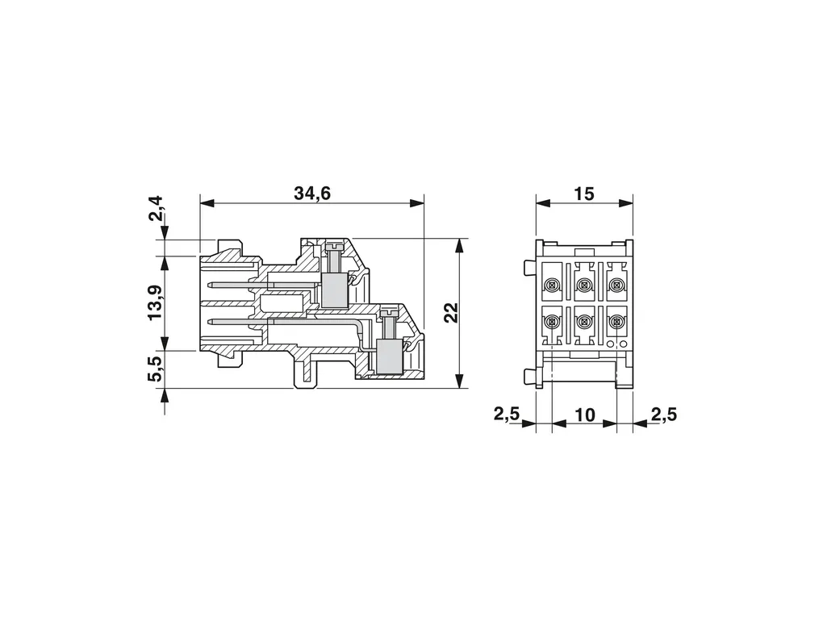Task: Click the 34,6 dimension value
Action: pos(312,194)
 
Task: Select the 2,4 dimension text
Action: pos(156,209)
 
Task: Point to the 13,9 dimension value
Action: pos(156,303)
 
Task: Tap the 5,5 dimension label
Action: pos(156,369)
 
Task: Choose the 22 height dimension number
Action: pos(451,313)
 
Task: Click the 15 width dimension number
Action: pos(583,194)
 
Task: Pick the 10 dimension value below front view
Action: pos(585,415)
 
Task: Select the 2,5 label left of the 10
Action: pos(507,415)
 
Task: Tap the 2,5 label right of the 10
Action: pos(664,415)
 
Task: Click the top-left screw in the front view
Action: pos(551,285)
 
